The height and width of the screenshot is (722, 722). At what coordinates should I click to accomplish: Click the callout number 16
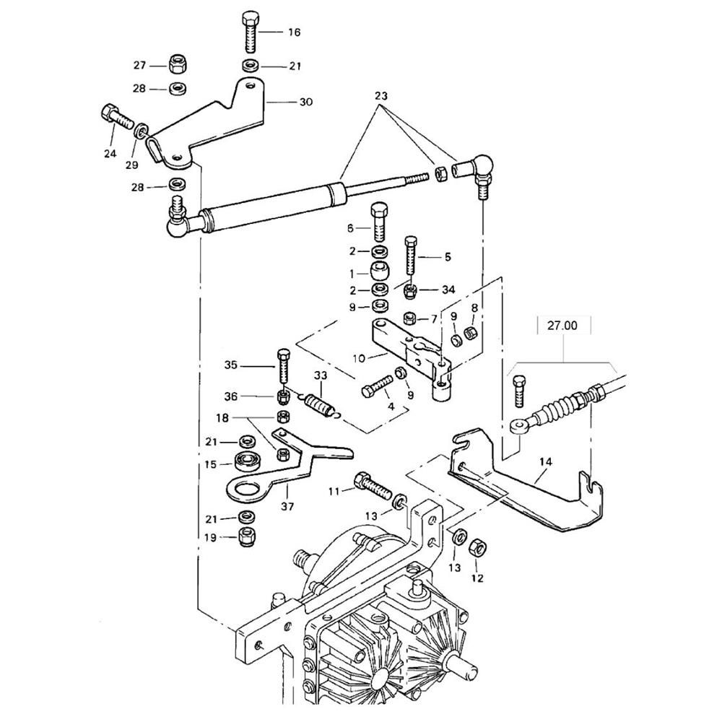(x=295, y=32)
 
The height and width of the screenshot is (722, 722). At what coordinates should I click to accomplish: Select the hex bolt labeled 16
(x=250, y=32)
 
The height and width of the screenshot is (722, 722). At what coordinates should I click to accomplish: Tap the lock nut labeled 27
(x=176, y=64)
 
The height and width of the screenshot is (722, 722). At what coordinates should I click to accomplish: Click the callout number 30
(x=306, y=102)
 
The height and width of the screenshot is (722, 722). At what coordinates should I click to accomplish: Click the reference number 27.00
(x=562, y=326)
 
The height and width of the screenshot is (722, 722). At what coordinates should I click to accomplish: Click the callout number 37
(x=287, y=507)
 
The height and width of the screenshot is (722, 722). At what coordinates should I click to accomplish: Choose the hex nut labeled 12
(x=478, y=548)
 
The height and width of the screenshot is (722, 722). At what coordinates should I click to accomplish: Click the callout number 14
(x=546, y=462)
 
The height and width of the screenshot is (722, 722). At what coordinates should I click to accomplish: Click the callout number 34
(x=448, y=290)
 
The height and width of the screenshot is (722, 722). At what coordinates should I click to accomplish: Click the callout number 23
(x=381, y=96)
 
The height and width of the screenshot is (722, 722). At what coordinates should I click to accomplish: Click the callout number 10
(x=359, y=358)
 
